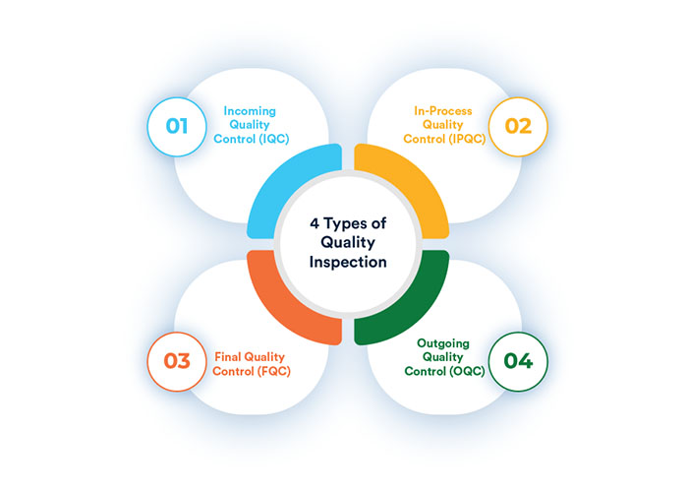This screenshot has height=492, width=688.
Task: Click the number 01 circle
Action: (x=177, y=127)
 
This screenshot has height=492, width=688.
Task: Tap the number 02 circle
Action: (x=518, y=127)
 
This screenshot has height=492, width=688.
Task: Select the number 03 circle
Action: (x=177, y=361)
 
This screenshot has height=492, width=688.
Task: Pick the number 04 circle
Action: (x=518, y=361)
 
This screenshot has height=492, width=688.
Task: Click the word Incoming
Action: (x=250, y=111)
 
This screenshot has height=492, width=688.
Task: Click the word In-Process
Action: (x=443, y=110)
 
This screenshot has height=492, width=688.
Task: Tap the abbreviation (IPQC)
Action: (x=467, y=139)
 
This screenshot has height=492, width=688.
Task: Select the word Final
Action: (x=228, y=356)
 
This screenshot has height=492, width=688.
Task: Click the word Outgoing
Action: (x=443, y=344)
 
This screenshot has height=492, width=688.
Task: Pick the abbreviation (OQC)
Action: (x=467, y=371)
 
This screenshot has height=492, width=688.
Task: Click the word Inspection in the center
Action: (x=348, y=263)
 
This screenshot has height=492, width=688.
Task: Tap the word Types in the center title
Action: (x=345, y=224)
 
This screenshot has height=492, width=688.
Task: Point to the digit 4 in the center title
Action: (x=315, y=223)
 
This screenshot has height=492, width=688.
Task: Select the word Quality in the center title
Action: (x=348, y=242)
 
